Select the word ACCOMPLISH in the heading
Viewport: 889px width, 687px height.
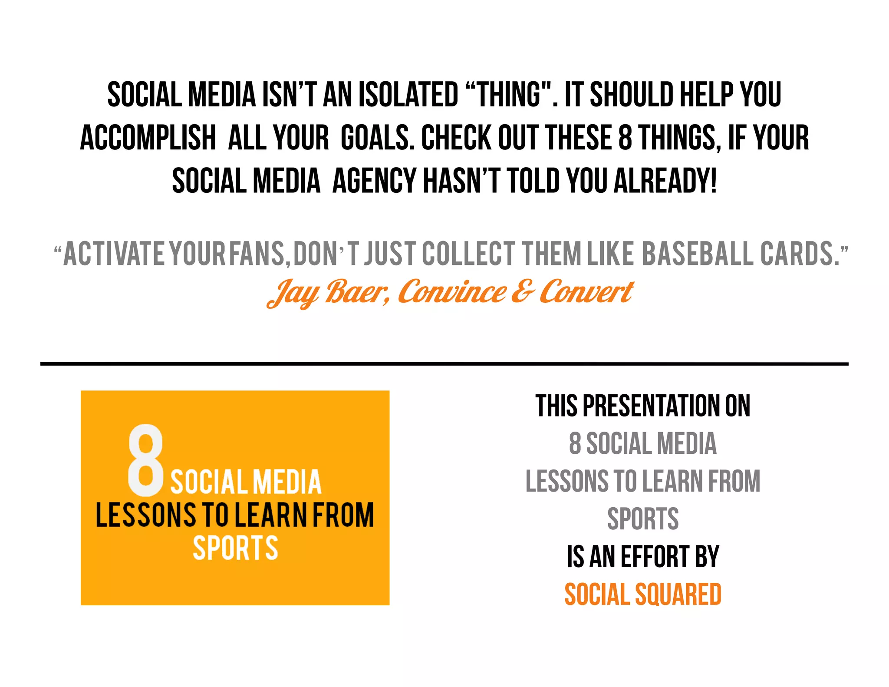tap(148, 138)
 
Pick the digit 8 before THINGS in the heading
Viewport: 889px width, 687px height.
tap(625, 138)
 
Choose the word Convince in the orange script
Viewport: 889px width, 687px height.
tap(451, 292)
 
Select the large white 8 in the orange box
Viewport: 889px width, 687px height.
tap(146, 460)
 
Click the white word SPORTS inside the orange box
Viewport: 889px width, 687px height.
tap(235, 548)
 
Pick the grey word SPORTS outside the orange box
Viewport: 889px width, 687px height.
tap(643, 519)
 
